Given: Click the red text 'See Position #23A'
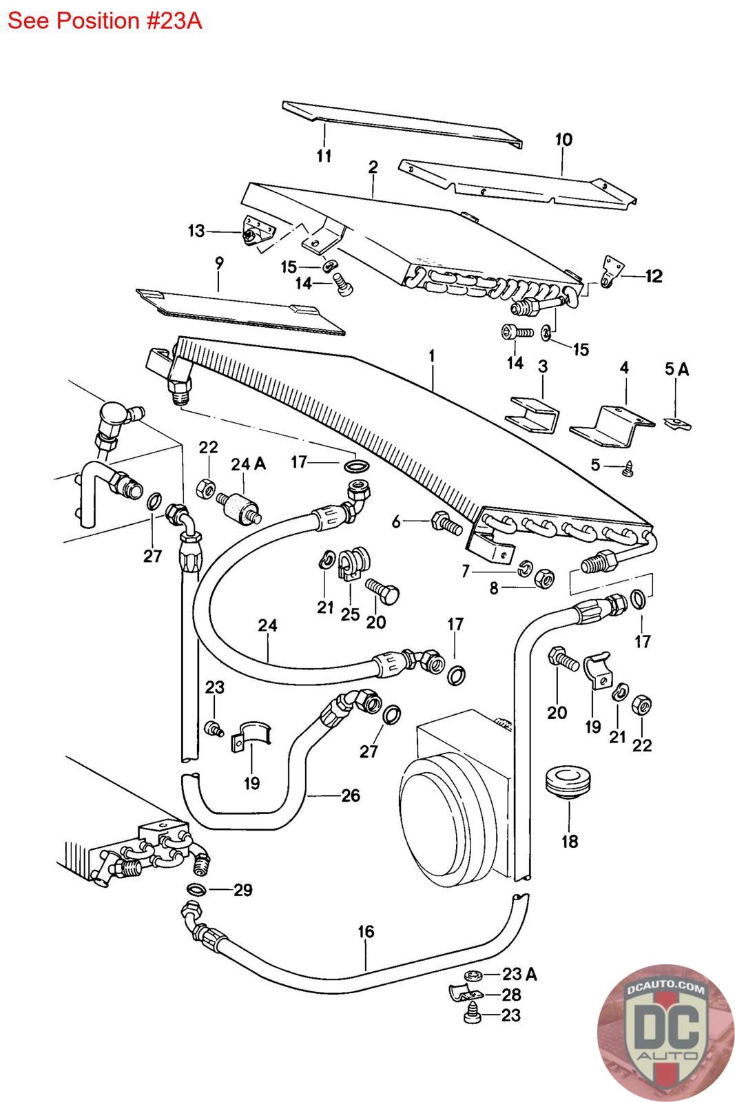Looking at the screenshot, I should pyautogui.click(x=104, y=21).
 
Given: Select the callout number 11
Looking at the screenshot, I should pyautogui.click(x=324, y=156).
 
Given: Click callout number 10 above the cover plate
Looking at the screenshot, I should pyautogui.click(x=563, y=140).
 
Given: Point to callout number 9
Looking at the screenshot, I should pyautogui.click(x=219, y=262).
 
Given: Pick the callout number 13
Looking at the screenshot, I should pyautogui.click(x=196, y=231).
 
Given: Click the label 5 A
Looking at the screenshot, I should pyautogui.click(x=676, y=370).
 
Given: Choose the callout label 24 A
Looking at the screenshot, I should pyautogui.click(x=248, y=464).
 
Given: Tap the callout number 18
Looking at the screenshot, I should pyautogui.click(x=570, y=841).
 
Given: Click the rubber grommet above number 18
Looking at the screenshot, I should pyautogui.click(x=569, y=781).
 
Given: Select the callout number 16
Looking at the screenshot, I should pyautogui.click(x=366, y=932).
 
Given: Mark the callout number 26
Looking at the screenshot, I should pyautogui.click(x=351, y=796).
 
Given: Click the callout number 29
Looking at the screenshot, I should pyautogui.click(x=242, y=890).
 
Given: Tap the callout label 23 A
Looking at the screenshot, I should pyautogui.click(x=519, y=974).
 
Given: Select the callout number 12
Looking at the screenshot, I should pyautogui.click(x=653, y=276).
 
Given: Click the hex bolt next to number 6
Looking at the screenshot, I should pyautogui.click(x=446, y=523).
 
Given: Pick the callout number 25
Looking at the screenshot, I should pyautogui.click(x=350, y=613).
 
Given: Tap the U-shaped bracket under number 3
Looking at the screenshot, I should pyautogui.click(x=533, y=415).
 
